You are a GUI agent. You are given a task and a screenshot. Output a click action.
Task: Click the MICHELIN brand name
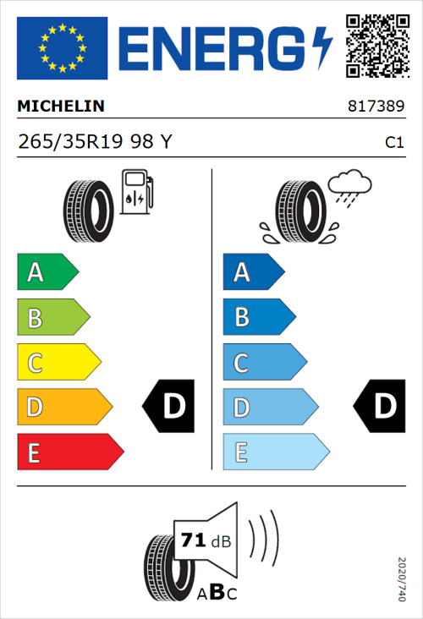(61, 107)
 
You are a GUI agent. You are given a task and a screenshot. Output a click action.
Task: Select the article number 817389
(375, 107)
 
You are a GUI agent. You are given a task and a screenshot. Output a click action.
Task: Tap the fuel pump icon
(135, 192)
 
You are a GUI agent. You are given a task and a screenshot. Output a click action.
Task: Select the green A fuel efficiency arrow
(47, 272)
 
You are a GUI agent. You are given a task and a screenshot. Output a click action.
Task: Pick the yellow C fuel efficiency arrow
(58, 363)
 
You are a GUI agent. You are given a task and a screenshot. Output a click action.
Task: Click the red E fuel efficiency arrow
(69, 452)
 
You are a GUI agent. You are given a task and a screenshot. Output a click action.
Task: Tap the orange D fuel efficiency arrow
(63, 408)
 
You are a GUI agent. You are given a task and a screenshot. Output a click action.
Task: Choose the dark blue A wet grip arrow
(253, 272)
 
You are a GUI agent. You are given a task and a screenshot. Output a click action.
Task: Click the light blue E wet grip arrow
(275, 452)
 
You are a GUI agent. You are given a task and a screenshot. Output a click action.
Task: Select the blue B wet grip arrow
(258, 318)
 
